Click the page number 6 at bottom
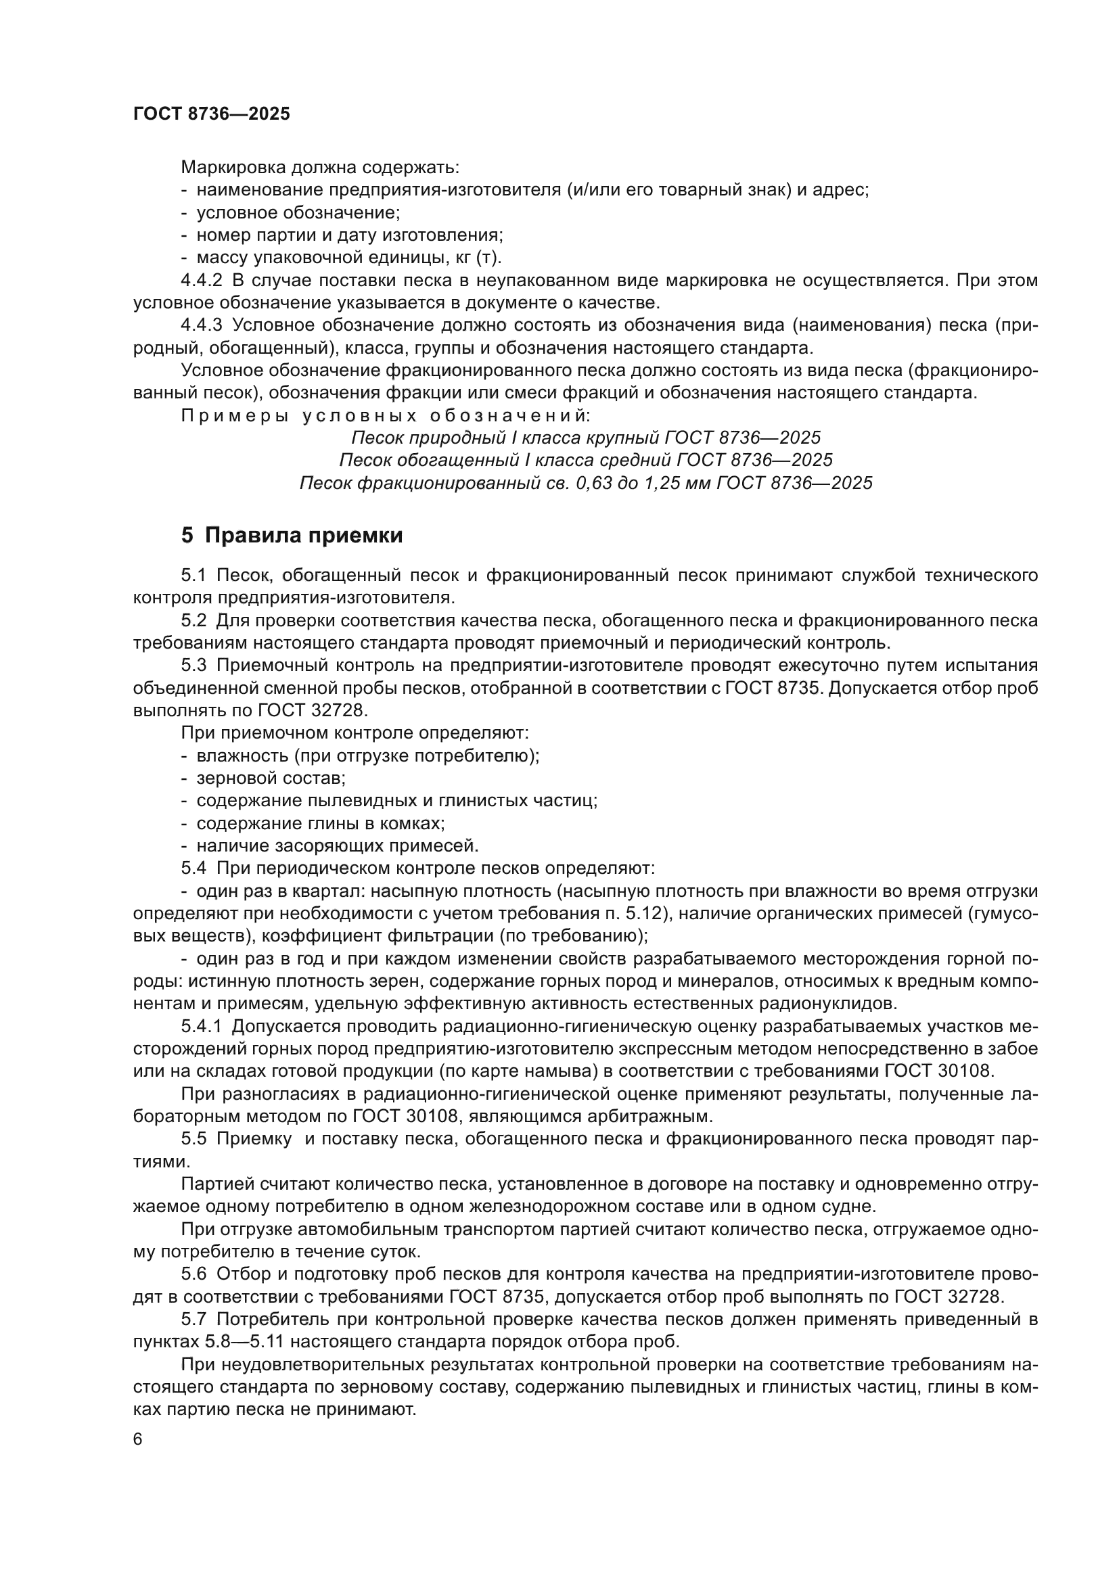point(138,1439)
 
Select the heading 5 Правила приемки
point(292,536)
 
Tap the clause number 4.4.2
point(201,281)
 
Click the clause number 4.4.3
point(201,325)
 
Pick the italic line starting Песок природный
point(586,438)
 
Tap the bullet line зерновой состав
point(270,778)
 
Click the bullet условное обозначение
point(298,213)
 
